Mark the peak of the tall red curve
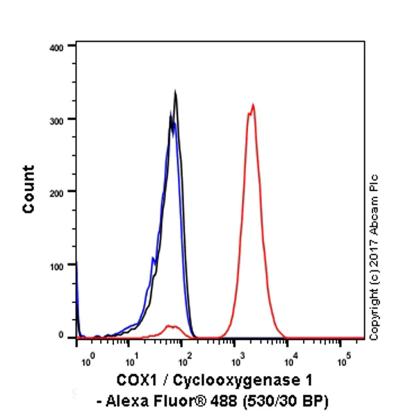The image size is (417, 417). coord(253,106)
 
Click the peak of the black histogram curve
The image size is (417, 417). coord(175,91)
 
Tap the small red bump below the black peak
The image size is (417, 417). coord(169,325)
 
